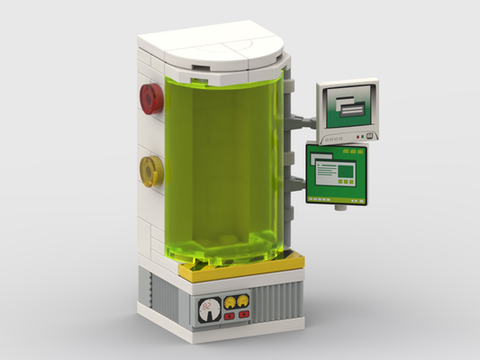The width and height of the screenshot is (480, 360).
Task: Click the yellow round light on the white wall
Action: (x=150, y=169)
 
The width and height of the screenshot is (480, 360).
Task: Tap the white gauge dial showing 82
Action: (x=209, y=310)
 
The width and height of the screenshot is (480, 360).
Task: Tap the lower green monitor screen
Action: (x=338, y=171)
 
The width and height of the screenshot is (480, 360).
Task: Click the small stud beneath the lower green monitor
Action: (x=340, y=209)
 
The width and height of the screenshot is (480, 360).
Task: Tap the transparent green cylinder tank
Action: (x=221, y=166)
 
